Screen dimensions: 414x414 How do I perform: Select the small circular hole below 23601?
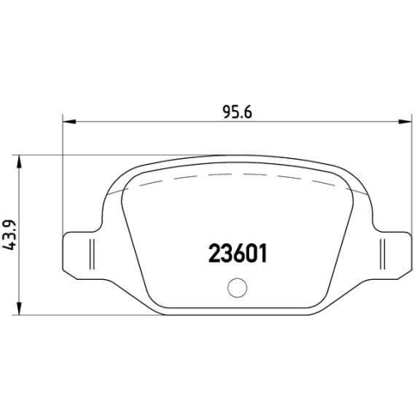(x=237, y=288)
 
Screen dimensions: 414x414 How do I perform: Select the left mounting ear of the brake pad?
(x=81, y=249)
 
